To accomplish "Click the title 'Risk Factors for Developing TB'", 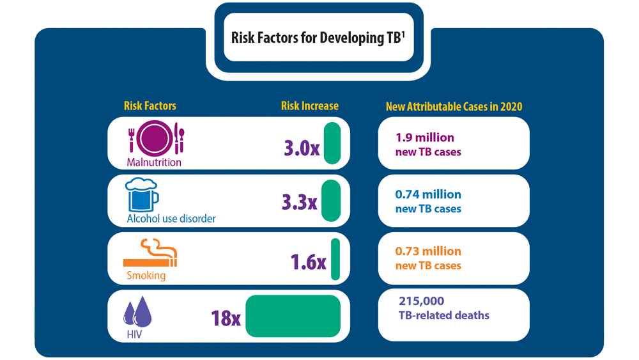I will (x=318, y=38).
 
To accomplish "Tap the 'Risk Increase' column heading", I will (x=309, y=106).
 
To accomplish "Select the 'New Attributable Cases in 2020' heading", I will (x=454, y=107).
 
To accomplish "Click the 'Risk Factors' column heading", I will (x=150, y=106).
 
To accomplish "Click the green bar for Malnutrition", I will (x=332, y=144).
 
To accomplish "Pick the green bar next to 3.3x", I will (x=330, y=201).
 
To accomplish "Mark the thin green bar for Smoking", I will (x=335, y=259).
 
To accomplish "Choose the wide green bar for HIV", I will (x=293, y=316).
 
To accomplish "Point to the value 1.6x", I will (x=308, y=262).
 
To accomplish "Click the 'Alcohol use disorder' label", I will (x=171, y=219).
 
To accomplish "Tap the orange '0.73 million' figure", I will (x=428, y=251).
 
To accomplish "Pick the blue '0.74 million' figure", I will (x=428, y=194).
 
